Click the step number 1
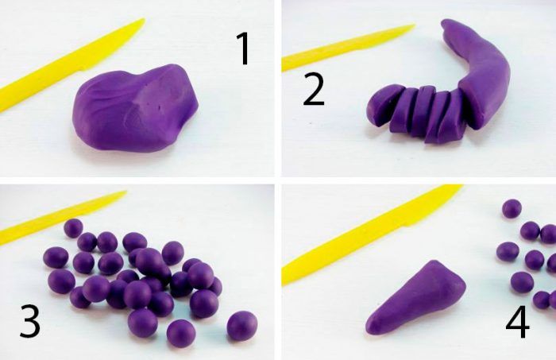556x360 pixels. [244, 48]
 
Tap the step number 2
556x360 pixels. [314, 90]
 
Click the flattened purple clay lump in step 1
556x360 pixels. [135, 108]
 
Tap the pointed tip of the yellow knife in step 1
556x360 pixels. [144, 20]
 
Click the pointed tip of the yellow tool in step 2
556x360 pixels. [414, 25]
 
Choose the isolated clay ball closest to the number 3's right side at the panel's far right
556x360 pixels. [242, 325]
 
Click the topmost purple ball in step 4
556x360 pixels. [512, 208]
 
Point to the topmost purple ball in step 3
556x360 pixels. [73, 228]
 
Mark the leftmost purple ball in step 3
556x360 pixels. [56, 257]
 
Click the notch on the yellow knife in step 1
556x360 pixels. [83, 69]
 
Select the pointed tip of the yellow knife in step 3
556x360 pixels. [125, 192]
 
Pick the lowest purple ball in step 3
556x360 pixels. [181, 334]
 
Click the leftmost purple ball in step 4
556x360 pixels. [508, 252]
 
